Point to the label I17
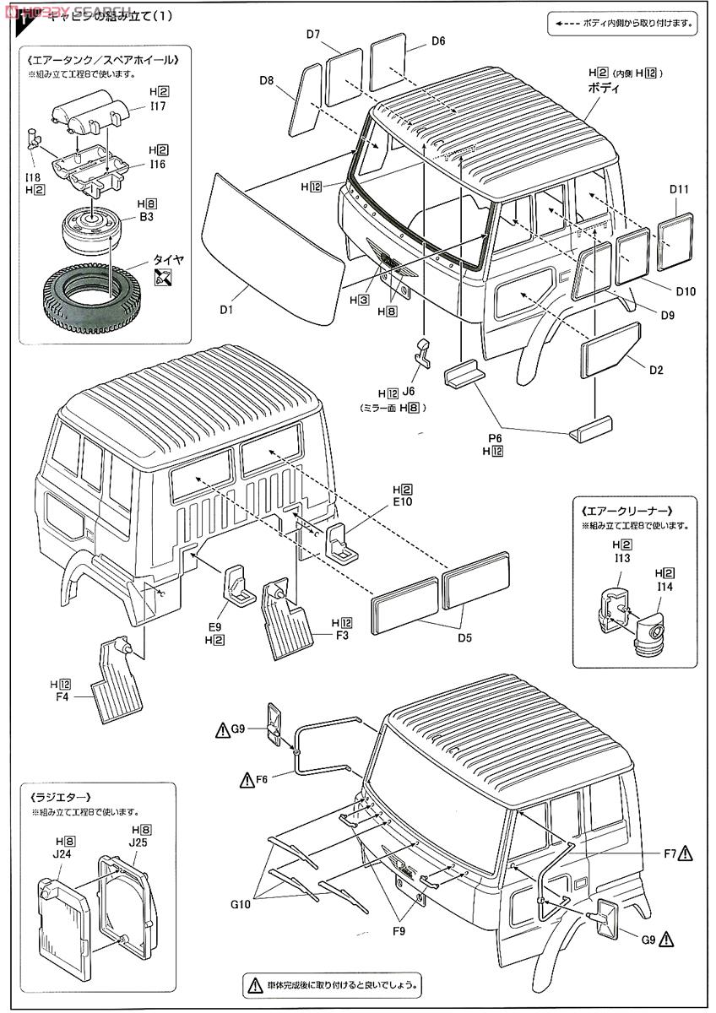(x=157, y=106)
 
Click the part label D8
(x=267, y=80)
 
